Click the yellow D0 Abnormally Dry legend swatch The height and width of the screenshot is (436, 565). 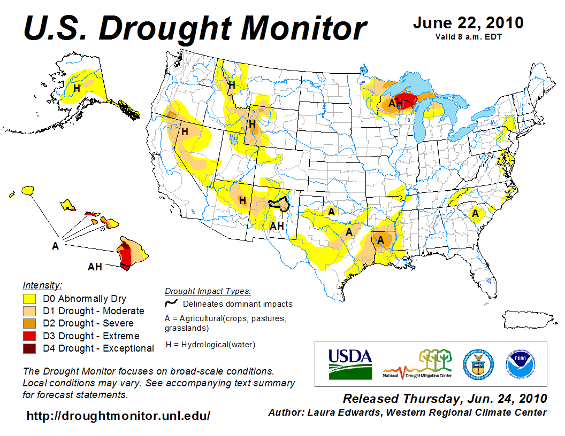(x=29, y=299)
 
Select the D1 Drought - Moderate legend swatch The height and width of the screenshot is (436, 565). (x=29, y=311)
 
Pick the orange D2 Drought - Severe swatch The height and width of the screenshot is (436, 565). (x=29, y=323)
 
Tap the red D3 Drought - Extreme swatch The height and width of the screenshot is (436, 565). (x=29, y=336)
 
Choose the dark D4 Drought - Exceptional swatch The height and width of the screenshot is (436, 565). (x=29, y=348)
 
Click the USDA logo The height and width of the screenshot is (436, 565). (x=350, y=364)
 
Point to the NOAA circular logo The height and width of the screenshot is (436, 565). (x=517, y=363)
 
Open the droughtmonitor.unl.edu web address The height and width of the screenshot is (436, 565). (x=118, y=415)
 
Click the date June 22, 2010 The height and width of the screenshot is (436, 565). (x=468, y=24)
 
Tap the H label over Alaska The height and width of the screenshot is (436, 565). (x=77, y=88)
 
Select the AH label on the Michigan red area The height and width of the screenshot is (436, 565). (x=395, y=103)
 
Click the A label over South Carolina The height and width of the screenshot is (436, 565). (x=475, y=214)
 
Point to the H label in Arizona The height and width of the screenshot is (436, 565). (x=242, y=201)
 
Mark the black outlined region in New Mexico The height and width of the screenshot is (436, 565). (x=278, y=204)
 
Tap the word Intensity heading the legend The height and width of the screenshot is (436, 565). (x=42, y=285)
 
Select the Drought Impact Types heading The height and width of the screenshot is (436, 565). (x=208, y=291)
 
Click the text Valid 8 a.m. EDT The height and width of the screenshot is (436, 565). (x=468, y=36)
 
